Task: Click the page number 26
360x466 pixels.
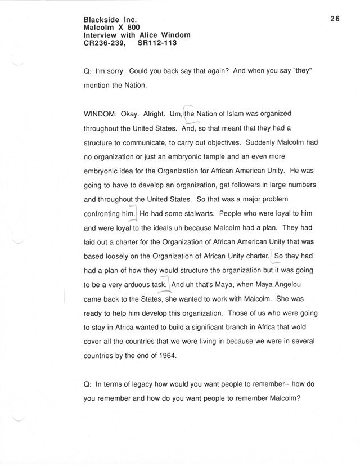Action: tap(335, 19)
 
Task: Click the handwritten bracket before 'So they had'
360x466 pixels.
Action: tap(273, 257)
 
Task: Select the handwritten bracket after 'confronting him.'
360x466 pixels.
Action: tap(136, 214)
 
